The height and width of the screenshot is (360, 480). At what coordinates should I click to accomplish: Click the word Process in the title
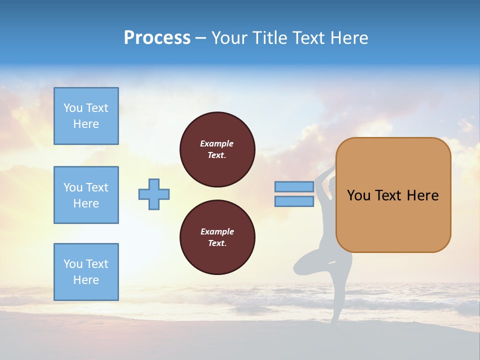[157, 38]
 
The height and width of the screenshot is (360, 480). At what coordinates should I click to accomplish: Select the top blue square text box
[86, 116]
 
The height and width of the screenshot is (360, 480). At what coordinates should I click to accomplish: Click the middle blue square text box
[86, 195]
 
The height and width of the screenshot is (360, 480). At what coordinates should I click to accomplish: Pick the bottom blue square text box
[86, 272]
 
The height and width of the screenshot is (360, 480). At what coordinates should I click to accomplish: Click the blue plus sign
[154, 194]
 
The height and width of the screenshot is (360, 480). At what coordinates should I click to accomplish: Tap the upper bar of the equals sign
[294, 186]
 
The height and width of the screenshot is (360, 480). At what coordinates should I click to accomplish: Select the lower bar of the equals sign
[294, 201]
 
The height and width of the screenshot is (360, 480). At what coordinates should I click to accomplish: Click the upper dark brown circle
[217, 149]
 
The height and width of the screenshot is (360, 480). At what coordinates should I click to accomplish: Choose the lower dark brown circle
[217, 237]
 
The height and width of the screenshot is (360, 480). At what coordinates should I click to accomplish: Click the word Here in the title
[349, 38]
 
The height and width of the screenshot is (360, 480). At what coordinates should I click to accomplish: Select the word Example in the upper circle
[216, 143]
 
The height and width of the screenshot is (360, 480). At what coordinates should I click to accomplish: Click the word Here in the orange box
[422, 195]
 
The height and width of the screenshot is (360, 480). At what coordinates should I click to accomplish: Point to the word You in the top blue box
[73, 108]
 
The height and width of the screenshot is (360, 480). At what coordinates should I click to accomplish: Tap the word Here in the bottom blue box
[86, 280]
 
